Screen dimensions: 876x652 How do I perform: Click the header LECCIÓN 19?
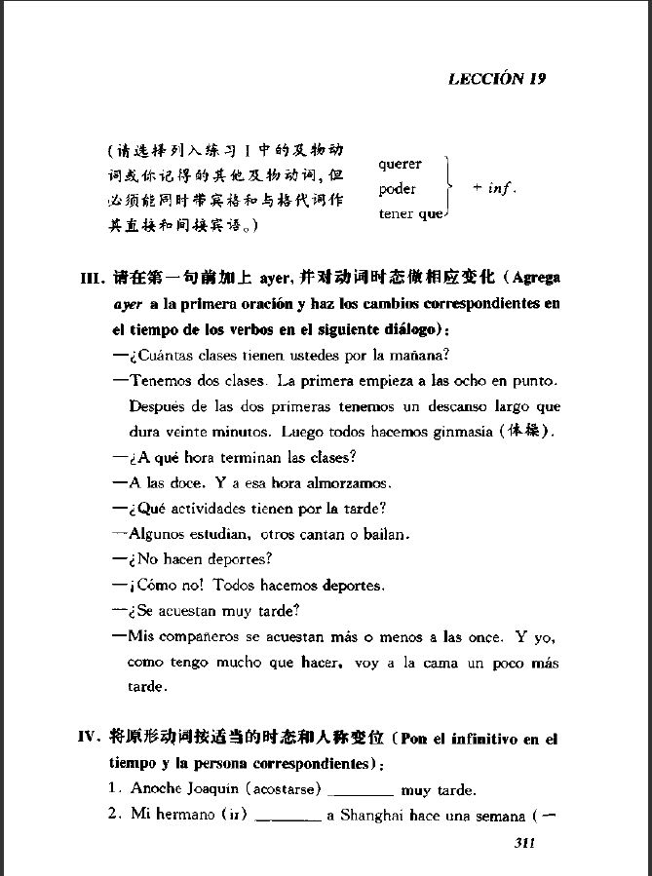[496, 80]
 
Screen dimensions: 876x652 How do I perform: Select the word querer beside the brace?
[400, 164]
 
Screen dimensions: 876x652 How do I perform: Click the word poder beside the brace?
[397, 189]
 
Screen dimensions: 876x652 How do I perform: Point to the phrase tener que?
[410, 213]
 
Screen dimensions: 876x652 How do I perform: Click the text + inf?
[493, 188]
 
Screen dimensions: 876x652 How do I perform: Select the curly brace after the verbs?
[446, 188]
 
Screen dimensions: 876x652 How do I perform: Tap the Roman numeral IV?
[91, 737]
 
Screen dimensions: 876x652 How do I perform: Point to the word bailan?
[387, 534]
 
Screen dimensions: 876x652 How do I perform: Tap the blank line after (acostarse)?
[364, 791]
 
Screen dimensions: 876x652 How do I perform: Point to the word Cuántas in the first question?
[161, 354]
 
